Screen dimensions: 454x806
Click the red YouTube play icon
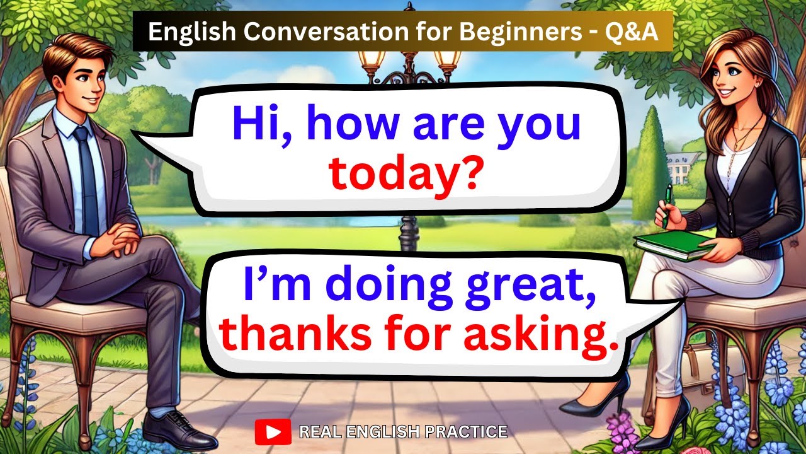click(273, 432)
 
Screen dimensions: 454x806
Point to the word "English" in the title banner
click(183, 33)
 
